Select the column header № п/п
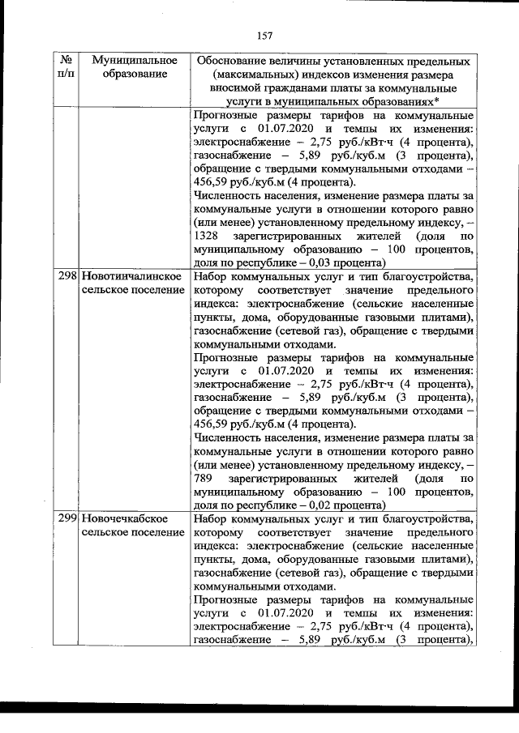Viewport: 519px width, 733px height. (67, 68)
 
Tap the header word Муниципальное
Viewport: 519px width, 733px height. (135, 62)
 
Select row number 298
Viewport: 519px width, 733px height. (68, 277)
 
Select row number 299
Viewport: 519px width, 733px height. (68, 518)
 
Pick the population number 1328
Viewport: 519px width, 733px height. (209, 236)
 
